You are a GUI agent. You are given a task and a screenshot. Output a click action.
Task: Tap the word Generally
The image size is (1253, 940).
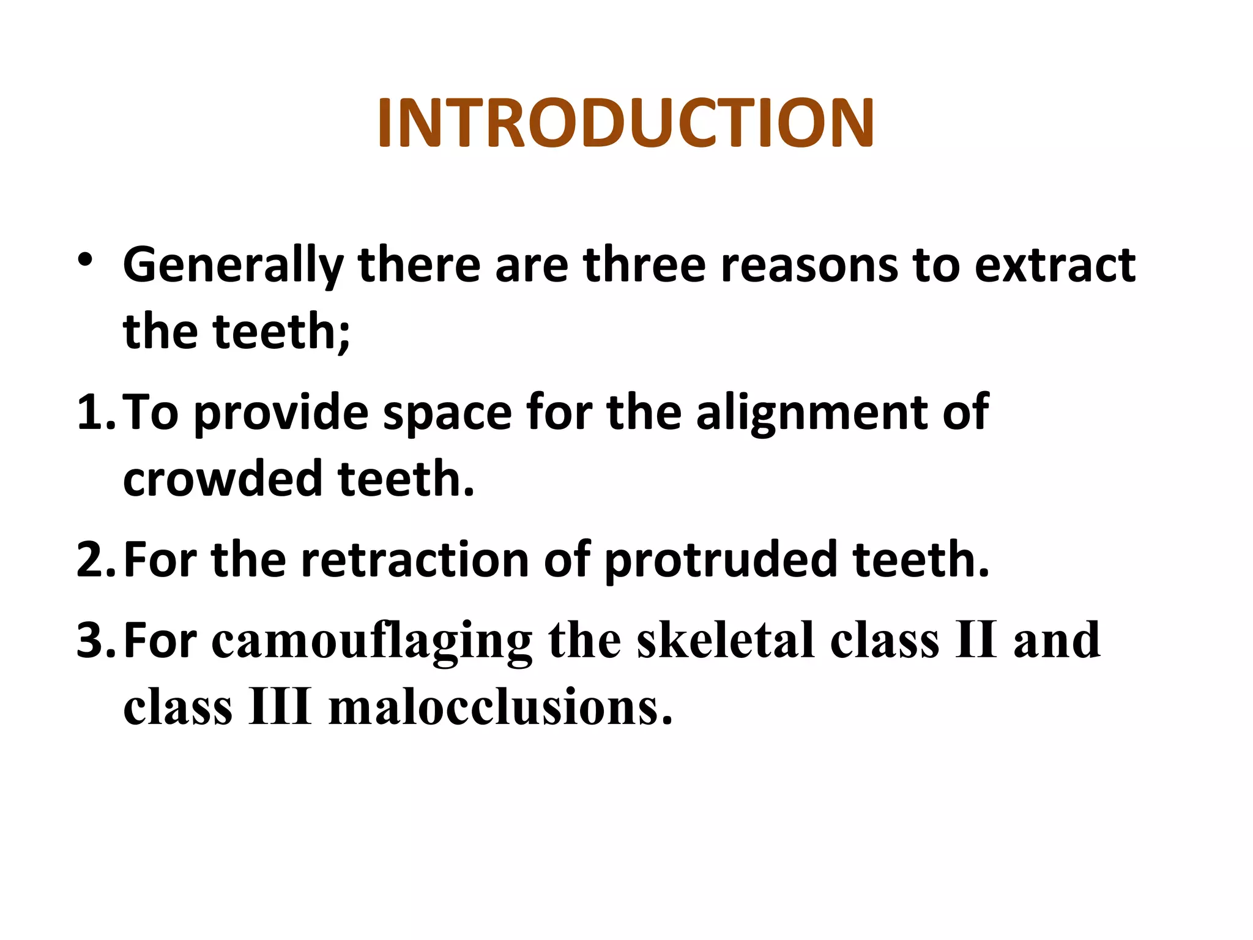click(x=233, y=265)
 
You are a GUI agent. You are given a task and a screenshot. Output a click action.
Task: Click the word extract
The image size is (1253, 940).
click(x=1055, y=265)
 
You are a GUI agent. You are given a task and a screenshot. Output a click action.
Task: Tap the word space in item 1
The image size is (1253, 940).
click(x=447, y=413)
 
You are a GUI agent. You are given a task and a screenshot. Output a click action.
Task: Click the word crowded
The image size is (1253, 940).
click(x=222, y=479)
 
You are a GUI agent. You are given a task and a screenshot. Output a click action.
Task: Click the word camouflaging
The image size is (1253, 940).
click(x=372, y=641)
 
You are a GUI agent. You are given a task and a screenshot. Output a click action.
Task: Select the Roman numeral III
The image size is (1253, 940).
click(x=280, y=707)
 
